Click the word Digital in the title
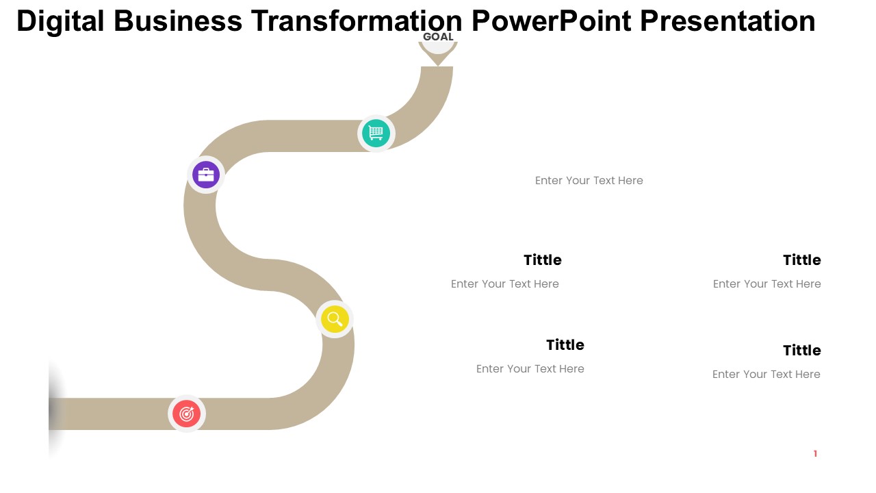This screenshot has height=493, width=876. [x=60, y=21]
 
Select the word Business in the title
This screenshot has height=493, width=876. [x=178, y=21]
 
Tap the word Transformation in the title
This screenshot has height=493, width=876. [x=357, y=21]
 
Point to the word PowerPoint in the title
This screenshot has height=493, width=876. [x=552, y=21]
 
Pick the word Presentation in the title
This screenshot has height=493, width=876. [x=727, y=21]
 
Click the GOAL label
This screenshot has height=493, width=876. [x=438, y=37]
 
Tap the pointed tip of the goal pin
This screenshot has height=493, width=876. [x=438, y=65]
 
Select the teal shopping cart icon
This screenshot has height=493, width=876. [x=376, y=134]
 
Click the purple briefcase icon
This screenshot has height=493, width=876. [x=206, y=175]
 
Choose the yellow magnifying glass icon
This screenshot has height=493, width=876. [x=335, y=319]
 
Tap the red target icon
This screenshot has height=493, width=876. [x=187, y=414]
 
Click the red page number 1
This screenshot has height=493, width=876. [x=815, y=453]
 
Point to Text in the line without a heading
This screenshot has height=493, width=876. [x=605, y=180]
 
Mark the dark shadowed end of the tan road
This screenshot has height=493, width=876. [x=55, y=414]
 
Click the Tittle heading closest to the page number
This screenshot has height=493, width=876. [x=801, y=350]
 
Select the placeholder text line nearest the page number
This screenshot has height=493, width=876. [x=766, y=374]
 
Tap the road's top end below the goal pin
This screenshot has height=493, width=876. [x=437, y=68]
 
